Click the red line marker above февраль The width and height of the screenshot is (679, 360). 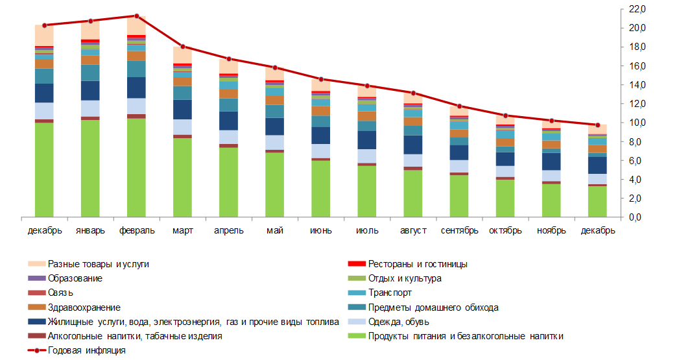point(136,16)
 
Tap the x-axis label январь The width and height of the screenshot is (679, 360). point(90,230)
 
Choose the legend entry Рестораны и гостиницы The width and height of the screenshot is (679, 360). point(418,264)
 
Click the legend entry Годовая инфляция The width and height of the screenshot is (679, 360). point(86,350)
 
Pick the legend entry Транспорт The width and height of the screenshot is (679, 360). point(390,293)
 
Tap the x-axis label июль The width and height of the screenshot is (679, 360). point(367,230)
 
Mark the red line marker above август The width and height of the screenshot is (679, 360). point(413,93)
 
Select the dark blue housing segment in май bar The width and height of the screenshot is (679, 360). point(275,126)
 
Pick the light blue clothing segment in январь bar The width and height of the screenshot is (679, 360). point(90,108)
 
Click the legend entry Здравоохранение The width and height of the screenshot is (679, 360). point(84,307)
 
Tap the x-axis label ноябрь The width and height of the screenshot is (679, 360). point(551,230)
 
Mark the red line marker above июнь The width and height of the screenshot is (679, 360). point(321,79)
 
